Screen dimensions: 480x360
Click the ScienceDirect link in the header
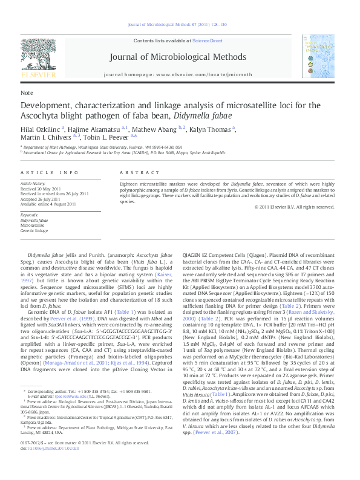click(208, 40)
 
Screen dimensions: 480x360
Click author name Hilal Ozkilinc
click(39, 129)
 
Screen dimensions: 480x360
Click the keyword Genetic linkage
click(34, 230)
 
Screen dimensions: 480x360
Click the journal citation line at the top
click(180, 25)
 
